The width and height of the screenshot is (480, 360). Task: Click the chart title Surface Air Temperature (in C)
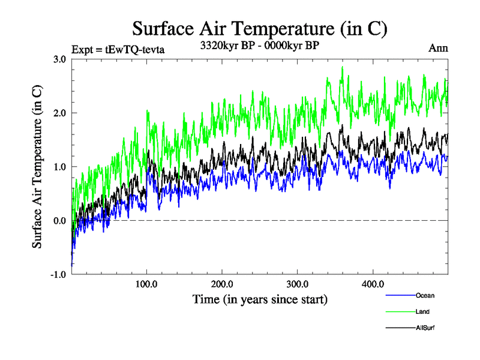[x=259, y=28]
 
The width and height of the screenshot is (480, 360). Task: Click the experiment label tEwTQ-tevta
[x=118, y=49]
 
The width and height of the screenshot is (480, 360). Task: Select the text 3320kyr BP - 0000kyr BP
[x=259, y=45]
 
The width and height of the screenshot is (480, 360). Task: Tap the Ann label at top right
[x=438, y=48]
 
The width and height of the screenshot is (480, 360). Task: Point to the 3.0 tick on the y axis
[x=59, y=59]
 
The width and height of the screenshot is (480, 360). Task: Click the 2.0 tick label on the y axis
[x=59, y=113]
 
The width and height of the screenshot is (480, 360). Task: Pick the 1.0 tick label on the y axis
[x=59, y=167]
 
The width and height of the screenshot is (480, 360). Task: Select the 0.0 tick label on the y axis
[x=59, y=221]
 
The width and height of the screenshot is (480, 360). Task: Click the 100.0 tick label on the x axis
[x=147, y=284]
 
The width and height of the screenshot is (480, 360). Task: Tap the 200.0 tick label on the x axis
[x=223, y=284]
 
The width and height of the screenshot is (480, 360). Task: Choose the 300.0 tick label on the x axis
[x=298, y=284]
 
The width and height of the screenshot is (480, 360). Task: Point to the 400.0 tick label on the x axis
[x=373, y=284]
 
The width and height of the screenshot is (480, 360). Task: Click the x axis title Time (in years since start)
[x=260, y=298]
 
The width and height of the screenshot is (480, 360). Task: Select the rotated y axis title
[x=37, y=167]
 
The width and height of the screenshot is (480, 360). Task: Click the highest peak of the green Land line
[x=342, y=67]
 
